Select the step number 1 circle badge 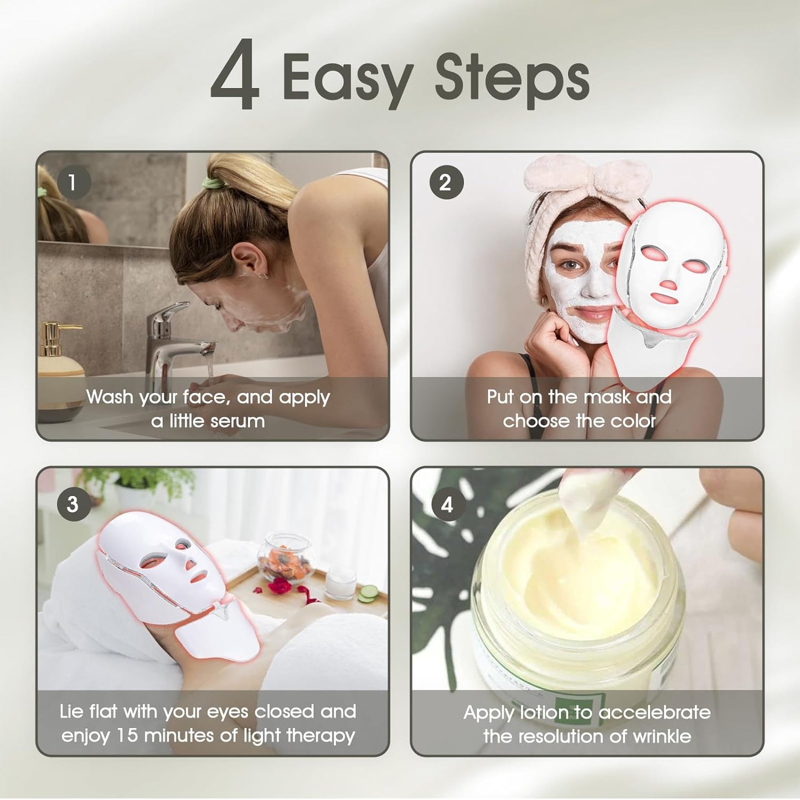(x=72, y=182)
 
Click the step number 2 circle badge (x=446, y=183)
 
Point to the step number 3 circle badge (x=73, y=504)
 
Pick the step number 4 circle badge (x=447, y=504)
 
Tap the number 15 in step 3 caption (x=128, y=736)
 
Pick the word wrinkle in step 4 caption (x=662, y=736)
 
